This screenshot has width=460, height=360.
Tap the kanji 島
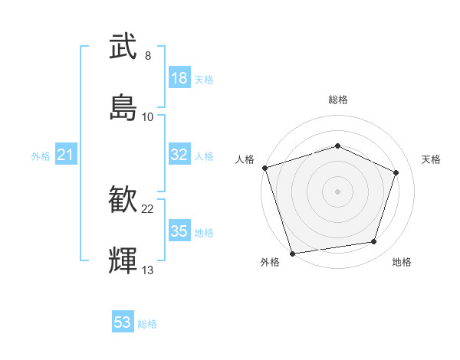point(123,106)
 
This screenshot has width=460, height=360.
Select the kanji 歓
point(123,201)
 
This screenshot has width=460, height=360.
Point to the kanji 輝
point(123,260)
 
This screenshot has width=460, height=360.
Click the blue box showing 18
point(179,78)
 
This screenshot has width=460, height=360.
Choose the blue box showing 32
point(179,155)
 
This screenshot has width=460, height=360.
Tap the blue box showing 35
point(179,231)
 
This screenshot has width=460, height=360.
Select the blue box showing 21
point(65,155)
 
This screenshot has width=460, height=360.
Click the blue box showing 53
point(123,322)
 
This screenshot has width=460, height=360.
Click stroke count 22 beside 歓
point(148,208)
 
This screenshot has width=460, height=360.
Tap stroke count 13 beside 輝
point(148,270)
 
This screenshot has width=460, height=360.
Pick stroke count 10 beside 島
point(148,116)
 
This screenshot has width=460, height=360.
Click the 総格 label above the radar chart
point(337,100)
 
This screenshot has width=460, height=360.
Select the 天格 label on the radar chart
point(431,159)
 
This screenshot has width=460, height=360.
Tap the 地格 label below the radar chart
point(402,263)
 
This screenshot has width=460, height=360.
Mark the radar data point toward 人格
point(264,168)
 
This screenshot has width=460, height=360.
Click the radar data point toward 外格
point(292,252)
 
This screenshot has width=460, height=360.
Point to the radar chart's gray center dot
point(337,191)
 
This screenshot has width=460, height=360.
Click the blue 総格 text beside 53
point(147,324)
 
